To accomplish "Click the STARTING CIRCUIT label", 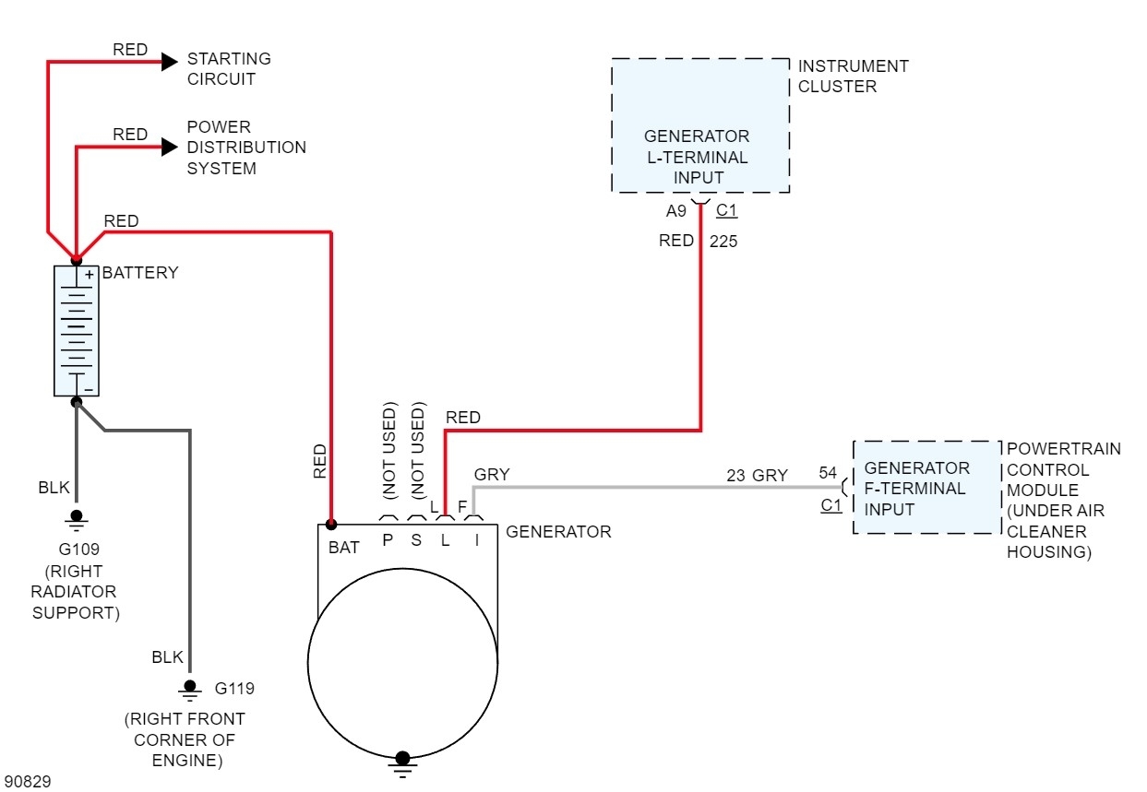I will (229, 69).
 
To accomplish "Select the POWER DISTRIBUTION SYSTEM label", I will (246, 148).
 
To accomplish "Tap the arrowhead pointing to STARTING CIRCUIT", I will (169, 62).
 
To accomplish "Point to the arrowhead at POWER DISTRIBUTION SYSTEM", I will (169, 147).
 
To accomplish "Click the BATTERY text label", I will (140, 273).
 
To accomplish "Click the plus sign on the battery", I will (90, 275).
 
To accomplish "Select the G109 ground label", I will (78, 550).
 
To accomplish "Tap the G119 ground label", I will (234, 689).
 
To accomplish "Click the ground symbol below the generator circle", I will (402, 762).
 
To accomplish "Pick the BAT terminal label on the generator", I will (344, 548).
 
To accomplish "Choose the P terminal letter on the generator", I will (388, 540).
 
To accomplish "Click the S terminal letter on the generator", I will (416, 540).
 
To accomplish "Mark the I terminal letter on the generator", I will (477, 540).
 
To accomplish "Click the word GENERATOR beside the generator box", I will (558, 532).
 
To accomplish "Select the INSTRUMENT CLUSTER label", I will (853, 77).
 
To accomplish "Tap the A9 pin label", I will (676, 212).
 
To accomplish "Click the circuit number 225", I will (723, 242).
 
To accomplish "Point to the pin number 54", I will (828, 474).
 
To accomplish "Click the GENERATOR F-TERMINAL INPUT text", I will (916, 489).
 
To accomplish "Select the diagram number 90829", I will (28, 782).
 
